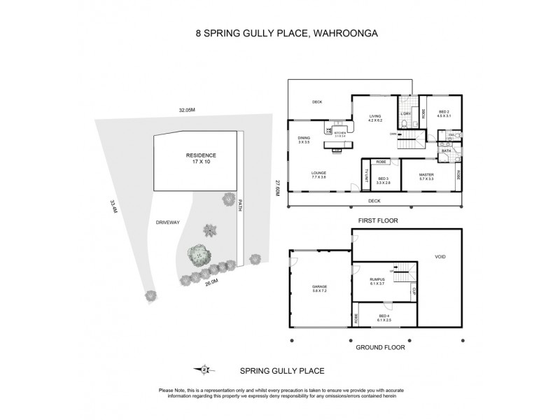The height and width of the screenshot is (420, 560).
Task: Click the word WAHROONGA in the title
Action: (341, 31)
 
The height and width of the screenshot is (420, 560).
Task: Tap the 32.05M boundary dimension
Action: (186, 109)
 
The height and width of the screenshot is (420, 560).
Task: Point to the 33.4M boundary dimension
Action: (113, 206)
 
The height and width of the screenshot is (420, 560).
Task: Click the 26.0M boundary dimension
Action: (212, 283)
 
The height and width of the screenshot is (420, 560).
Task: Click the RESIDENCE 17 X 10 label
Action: (201, 158)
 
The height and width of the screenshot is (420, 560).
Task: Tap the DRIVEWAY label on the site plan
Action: (169, 222)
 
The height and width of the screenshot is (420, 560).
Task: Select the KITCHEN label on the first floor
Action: (340, 132)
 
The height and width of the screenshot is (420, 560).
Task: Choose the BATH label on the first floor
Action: (445, 151)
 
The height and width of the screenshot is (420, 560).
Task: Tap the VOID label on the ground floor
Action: (440, 257)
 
